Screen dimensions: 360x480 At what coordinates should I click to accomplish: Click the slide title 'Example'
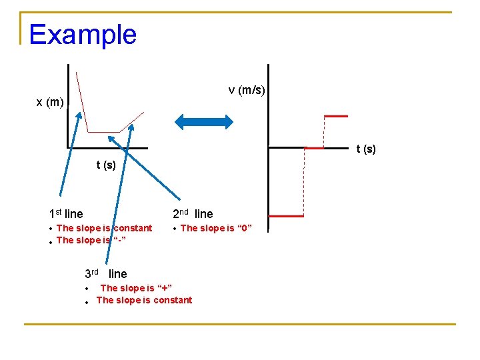tap(83, 35)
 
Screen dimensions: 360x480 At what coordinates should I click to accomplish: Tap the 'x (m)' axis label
tap(50, 102)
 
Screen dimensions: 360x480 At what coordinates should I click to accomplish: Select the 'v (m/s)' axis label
tap(247, 90)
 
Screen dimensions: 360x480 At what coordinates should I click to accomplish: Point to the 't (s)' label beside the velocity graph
tap(366, 149)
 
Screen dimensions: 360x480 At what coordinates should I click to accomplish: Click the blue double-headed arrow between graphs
tap(204, 121)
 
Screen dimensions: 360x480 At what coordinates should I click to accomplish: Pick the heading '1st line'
tap(66, 214)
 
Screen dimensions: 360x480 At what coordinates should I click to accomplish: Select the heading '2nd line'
tap(193, 214)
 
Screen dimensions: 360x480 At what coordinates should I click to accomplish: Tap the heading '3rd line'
tap(105, 274)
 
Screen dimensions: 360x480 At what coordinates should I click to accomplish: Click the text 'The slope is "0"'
tap(216, 228)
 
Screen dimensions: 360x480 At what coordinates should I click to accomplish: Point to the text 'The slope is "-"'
tap(91, 240)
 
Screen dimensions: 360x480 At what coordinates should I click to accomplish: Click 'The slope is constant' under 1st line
tap(104, 228)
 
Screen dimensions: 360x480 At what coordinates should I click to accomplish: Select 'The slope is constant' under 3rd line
tap(144, 300)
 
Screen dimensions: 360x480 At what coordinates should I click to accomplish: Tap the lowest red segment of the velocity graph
tap(286, 216)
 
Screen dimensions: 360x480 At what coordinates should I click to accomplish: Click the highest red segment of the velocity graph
tap(335, 116)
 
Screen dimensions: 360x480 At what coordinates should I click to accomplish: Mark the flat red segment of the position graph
tap(104, 132)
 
